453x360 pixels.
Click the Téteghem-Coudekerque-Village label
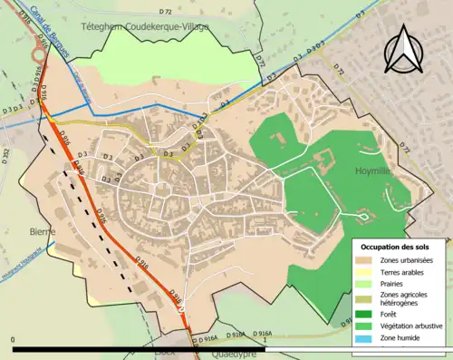[157, 26]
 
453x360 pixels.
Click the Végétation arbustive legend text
[412, 325]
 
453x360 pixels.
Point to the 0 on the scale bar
[14, 340]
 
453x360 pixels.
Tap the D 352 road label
[5, 159]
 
